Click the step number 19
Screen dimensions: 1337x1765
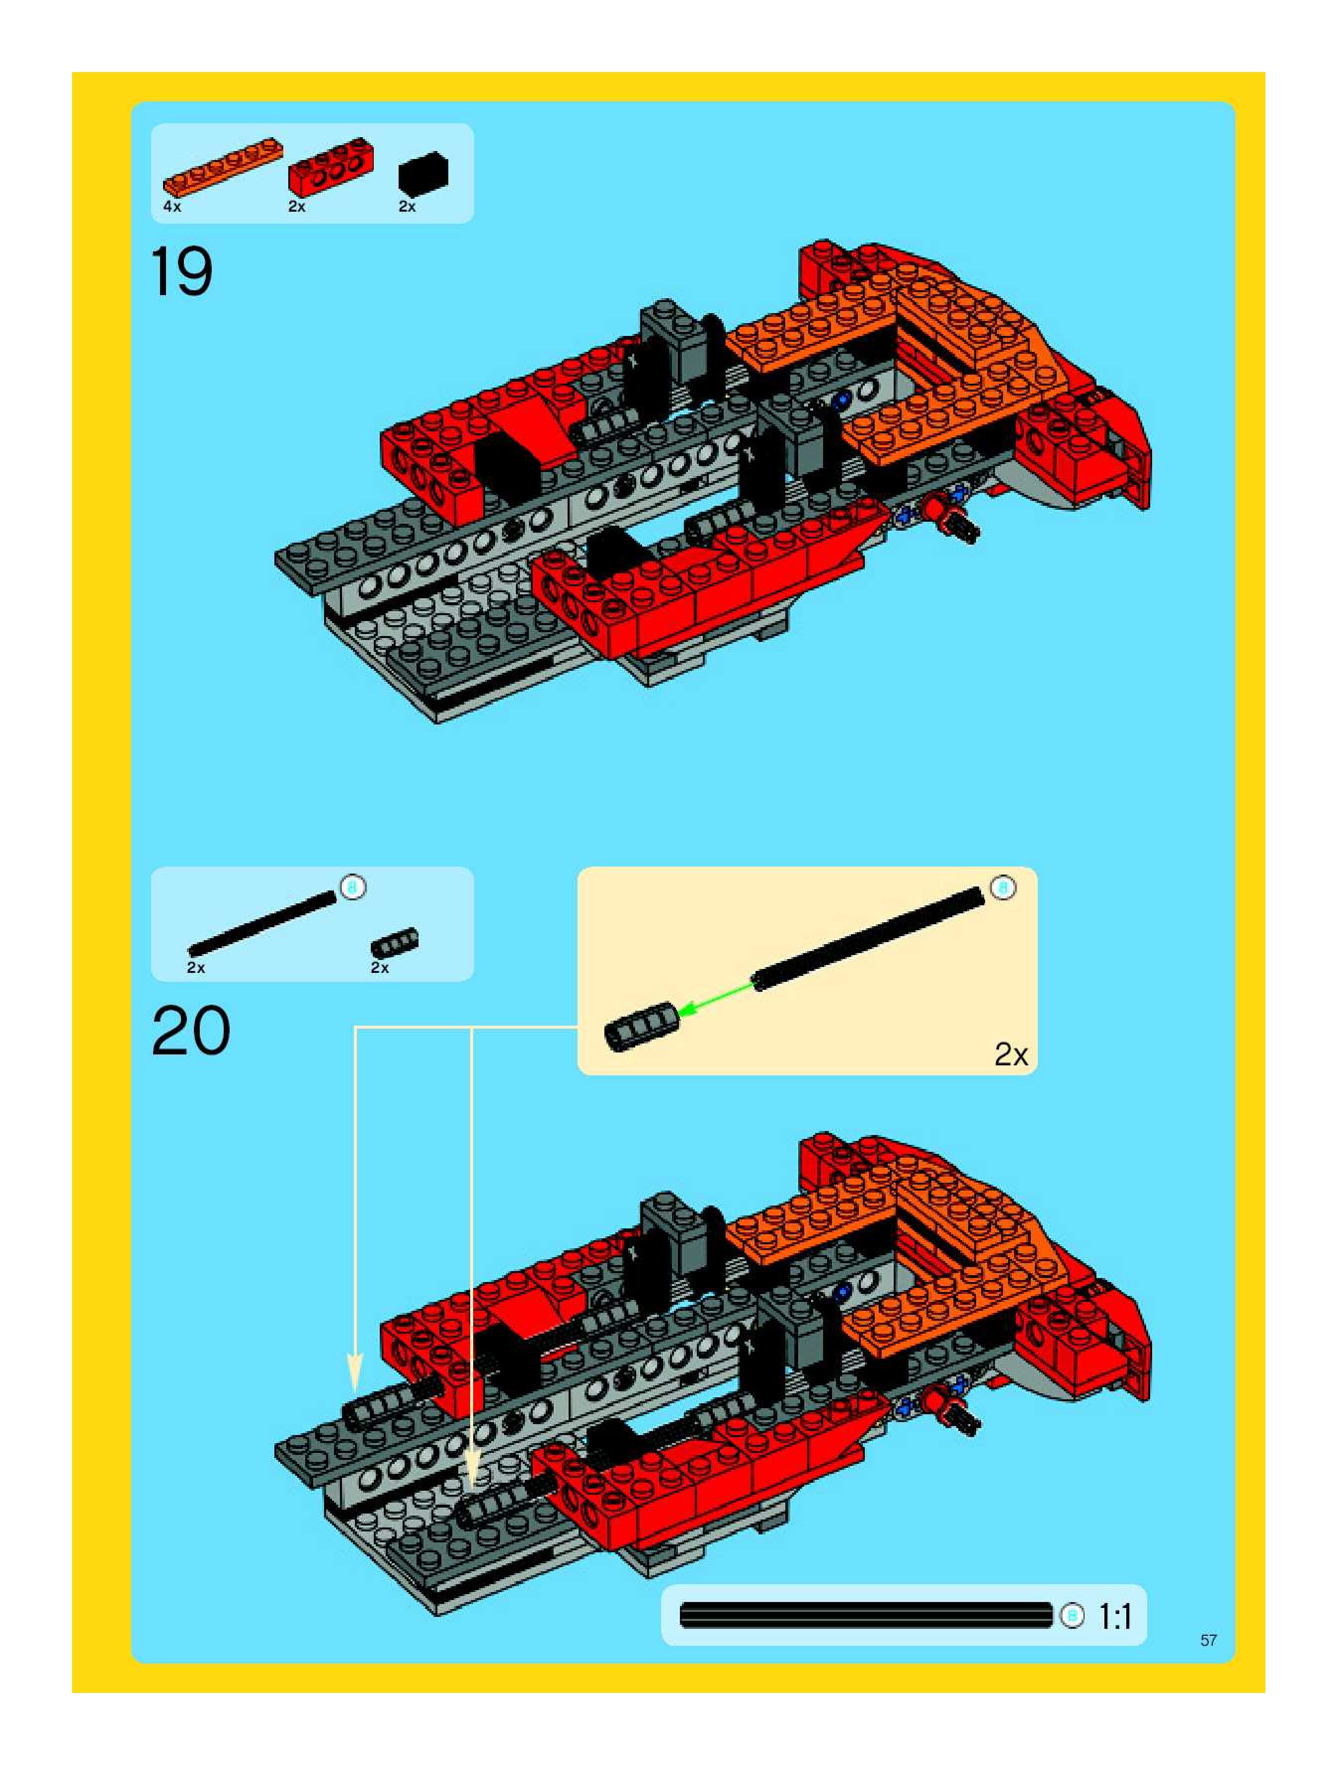coord(181,272)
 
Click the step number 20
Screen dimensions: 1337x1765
coord(191,1031)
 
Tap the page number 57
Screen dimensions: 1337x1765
coord(1208,1640)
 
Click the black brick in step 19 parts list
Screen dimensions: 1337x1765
coord(423,173)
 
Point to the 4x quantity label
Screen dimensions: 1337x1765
coord(172,207)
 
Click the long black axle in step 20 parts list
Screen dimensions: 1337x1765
coord(262,923)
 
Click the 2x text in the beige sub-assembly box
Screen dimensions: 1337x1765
coord(1010,1055)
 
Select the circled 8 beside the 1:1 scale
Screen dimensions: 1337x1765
coord(1072,1616)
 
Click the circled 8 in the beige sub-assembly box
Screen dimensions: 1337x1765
coord(1003,887)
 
